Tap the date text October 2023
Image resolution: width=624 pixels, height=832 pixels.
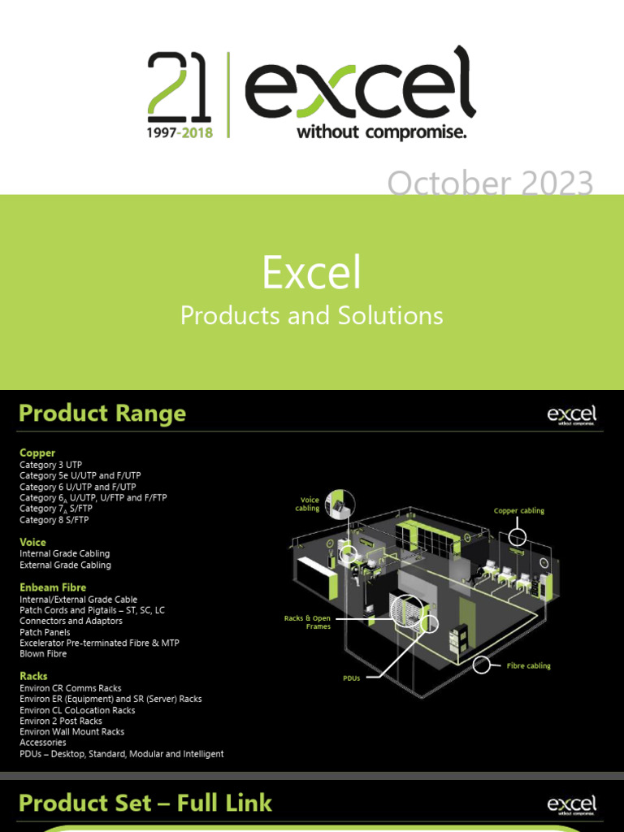[x=490, y=184]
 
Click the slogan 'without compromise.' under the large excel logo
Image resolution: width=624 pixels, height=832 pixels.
[x=381, y=132]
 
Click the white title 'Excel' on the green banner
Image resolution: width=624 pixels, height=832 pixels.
[x=311, y=274]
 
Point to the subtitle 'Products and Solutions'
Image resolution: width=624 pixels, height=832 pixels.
[x=311, y=316]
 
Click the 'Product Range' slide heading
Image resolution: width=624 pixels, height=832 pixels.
[x=102, y=414]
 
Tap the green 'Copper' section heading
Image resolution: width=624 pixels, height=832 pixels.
[x=37, y=453]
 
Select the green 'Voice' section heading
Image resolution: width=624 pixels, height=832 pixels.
[x=32, y=542]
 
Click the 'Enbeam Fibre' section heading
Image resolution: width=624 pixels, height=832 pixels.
[x=53, y=587]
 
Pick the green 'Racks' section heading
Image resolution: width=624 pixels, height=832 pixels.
[x=33, y=676]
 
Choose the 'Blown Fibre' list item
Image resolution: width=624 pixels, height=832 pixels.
[x=43, y=653]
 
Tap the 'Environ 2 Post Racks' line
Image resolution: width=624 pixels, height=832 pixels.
[x=61, y=721]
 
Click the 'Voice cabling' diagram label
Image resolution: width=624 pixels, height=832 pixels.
[x=308, y=505]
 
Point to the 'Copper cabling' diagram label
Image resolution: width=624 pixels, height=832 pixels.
[x=519, y=511]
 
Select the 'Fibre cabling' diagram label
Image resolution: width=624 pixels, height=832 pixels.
[x=528, y=665]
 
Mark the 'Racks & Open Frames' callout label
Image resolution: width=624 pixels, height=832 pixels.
[x=307, y=622]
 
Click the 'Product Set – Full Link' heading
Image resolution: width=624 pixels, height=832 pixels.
[x=145, y=804]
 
